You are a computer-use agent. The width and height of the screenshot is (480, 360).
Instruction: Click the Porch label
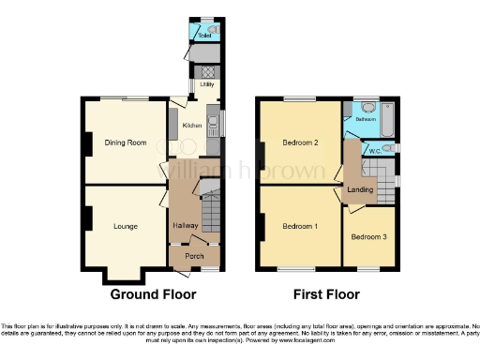click(x=194, y=256)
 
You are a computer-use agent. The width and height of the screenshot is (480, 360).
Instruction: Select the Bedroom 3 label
click(x=368, y=237)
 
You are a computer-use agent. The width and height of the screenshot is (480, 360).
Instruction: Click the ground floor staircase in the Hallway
click(x=210, y=213)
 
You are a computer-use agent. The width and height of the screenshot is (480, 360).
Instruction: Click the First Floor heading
click(x=325, y=294)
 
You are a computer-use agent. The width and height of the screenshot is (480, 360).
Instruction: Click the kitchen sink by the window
click(x=214, y=123)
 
